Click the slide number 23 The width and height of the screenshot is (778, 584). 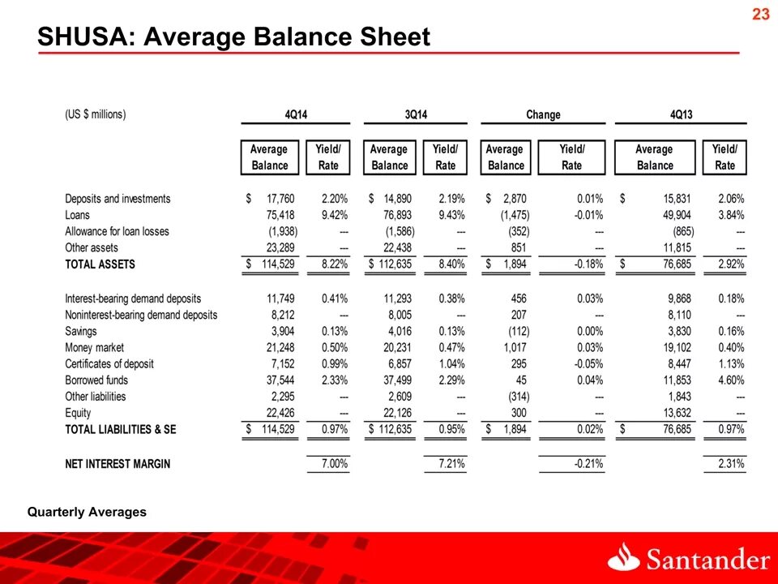point(759,14)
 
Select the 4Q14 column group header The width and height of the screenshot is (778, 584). point(296,114)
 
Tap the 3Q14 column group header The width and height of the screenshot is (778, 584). point(416,114)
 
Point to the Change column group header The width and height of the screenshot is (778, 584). point(543,114)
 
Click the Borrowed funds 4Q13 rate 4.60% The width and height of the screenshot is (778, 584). point(731,380)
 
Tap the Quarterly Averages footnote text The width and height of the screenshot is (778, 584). point(88,512)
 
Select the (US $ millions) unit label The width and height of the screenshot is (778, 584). point(96,114)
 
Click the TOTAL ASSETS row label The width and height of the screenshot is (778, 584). point(100,264)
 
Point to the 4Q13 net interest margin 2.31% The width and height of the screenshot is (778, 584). point(731,465)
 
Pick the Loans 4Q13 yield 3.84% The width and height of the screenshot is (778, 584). point(731,215)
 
